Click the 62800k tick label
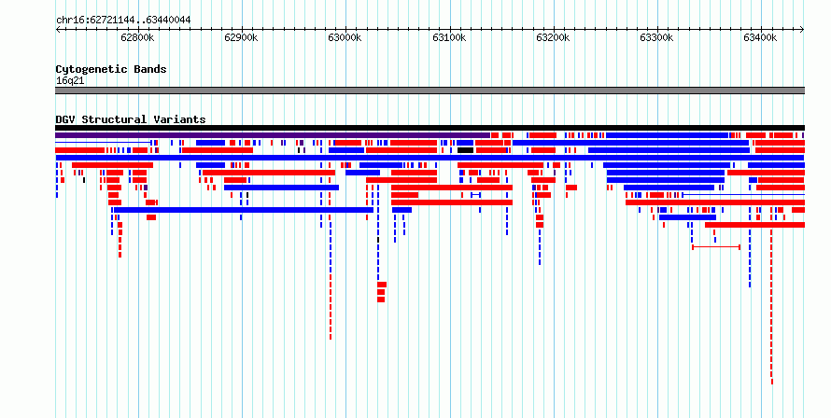(137, 37)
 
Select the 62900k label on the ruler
(241, 37)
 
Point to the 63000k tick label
(345, 37)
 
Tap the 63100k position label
(449, 37)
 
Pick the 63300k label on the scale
(656, 37)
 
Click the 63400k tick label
(760, 37)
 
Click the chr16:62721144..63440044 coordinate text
(123, 21)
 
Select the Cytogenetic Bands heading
(111, 69)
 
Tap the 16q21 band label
(70, 81)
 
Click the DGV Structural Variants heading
(131, 119)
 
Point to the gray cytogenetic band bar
(430, 91)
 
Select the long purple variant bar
(273, 135)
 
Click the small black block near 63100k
(465, 150)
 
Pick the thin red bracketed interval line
(716, 247)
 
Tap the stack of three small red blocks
(382, 292)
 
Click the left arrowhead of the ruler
(58, 30)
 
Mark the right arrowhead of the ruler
(802, 30)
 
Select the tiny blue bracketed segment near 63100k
(476, 195)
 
